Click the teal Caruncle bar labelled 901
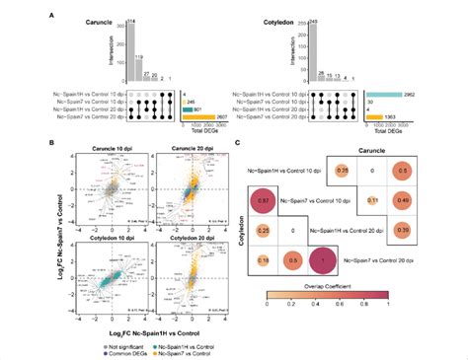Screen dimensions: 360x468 tap(192, 108)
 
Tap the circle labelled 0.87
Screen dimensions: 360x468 tap(261, 201)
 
